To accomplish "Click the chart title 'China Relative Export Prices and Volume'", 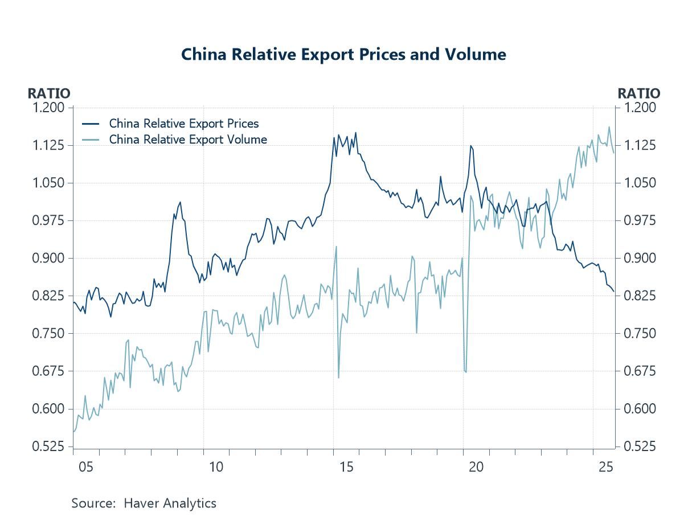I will pyautogui.click(x=343, y=55).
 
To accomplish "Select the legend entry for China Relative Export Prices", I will pyautogui.click(x=183, y=124).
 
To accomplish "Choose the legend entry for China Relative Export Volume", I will pyautogui.click(x=187, y=140).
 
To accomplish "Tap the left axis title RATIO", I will pyautogui.click(x=49, y=93).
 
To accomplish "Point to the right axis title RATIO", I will pyautogui.click(x=639, y=93).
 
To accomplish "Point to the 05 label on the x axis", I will pyautogui.click(x=86, y=468).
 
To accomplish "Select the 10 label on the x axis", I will pyautogui.click(x=216, y=468).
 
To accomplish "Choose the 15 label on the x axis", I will pyautogui.click(x=346, y=468).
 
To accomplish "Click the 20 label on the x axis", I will pyautogui.click(x=476, y=468).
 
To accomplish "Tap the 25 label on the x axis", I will pyautogui.click(x=606, y=468).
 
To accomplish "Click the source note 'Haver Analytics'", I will pyautogui.click(x=170, y=503).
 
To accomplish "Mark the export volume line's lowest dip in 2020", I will pyautogui.click(x=466, y=372).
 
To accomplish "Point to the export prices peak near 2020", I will pyautogui.click(x=470, y=146).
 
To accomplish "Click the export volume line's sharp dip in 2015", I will pyautogui.click(x=339, y=378).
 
